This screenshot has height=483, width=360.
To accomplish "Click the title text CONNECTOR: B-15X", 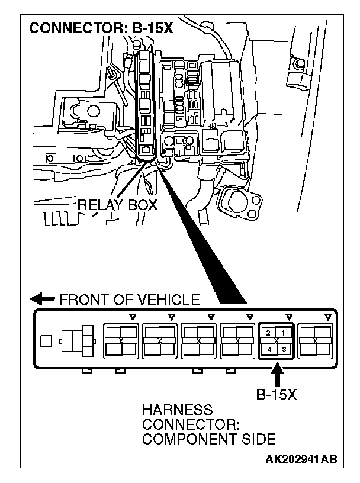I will pos(101,28).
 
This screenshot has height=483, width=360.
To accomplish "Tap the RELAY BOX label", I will pos(118,205).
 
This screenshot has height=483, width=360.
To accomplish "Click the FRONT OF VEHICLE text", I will pos(130,300).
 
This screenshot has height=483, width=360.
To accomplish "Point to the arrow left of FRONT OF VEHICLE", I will pos(45,299).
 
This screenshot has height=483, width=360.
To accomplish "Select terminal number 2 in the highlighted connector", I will pos(269,334).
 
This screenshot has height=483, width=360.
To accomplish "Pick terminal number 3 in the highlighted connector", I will pos(284,349).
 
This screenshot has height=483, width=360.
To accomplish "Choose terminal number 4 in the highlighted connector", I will pos(269,349).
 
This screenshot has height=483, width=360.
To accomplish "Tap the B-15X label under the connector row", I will pos(276,394).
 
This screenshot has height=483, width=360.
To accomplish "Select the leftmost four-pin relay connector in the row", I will pos(121,341).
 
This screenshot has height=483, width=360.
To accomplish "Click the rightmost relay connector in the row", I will pos(315,341).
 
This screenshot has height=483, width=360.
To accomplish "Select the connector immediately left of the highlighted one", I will pos(237,341).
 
